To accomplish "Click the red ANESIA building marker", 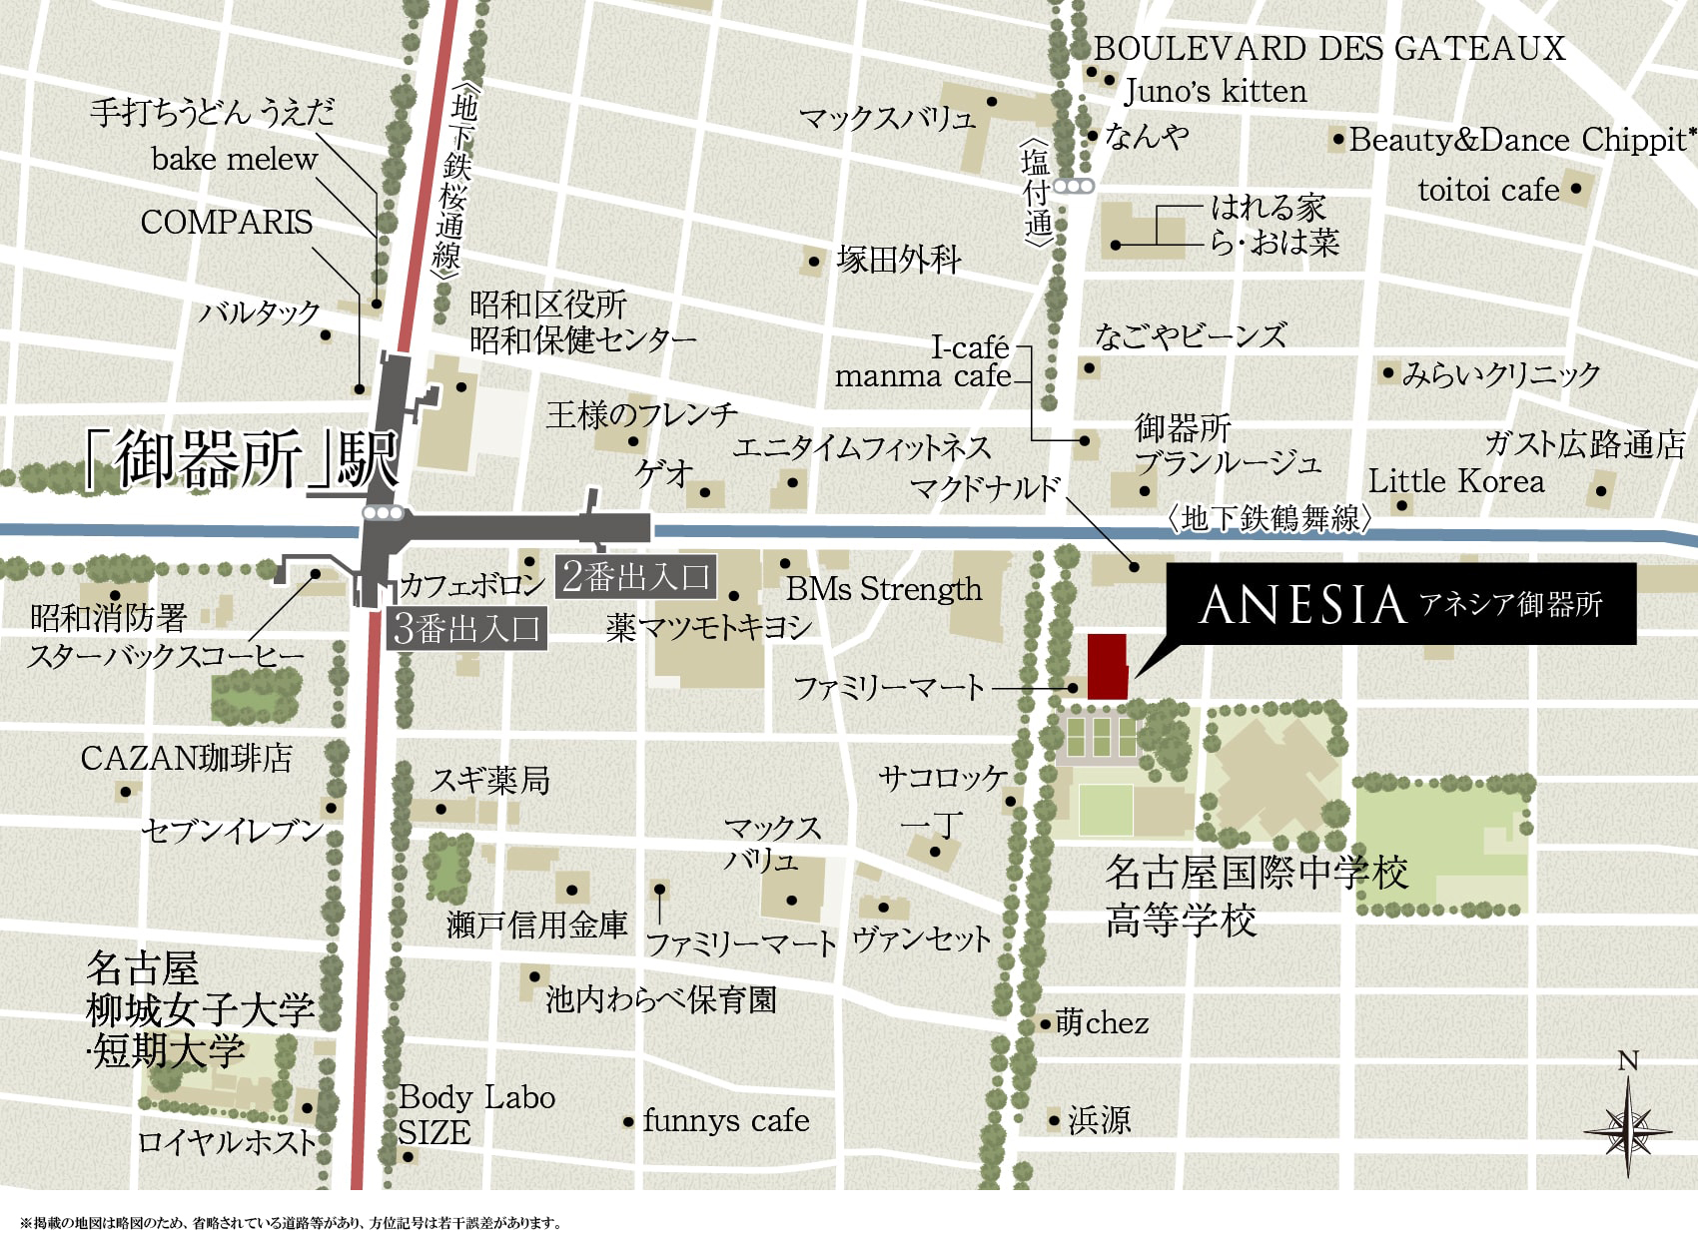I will [x=1107, y=666].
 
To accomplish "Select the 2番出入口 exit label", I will [x=635, y=576].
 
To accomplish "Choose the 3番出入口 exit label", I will [x=466, y=628].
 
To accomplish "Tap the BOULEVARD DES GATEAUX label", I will [x=1328, y=48].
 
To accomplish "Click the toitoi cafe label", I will [x=1488, y=190].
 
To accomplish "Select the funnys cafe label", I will [x=726, y=1120].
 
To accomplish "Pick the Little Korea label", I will [x=1455, y=481].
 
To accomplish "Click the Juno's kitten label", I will [x=1215, y=91].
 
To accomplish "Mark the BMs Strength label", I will [x=884, y=589].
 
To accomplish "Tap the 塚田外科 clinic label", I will [x=899, y=261].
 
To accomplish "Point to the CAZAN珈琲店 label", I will [x=187, y=758].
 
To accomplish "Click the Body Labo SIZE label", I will [x=475, y=1114].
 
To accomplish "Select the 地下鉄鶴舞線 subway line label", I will [x=1269, y=518].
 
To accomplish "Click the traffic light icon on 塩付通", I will [x=1074, y=186].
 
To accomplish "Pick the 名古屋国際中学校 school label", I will [x=1257, y=872].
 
